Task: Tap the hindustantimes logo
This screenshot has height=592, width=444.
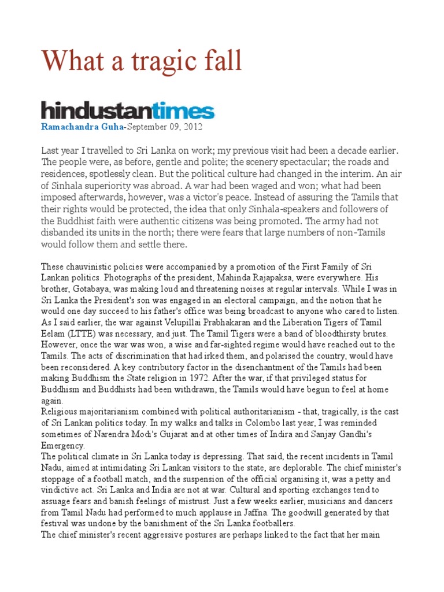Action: (127, 110)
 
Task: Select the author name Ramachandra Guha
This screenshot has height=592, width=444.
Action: (83, 126)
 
